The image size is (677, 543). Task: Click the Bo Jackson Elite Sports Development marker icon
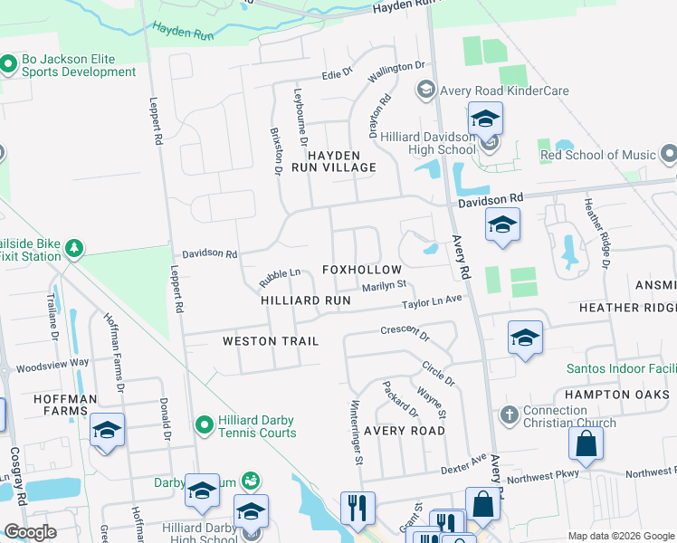9,64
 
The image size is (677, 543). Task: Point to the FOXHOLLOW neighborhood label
361,271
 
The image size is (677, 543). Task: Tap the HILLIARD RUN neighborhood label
305,300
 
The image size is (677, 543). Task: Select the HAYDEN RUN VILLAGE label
333,161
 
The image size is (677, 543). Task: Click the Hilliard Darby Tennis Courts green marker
205,424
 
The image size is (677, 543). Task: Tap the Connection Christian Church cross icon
510,414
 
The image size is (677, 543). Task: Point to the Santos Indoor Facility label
621,368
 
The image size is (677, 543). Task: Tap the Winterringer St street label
356,431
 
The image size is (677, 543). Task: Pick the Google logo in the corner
31,532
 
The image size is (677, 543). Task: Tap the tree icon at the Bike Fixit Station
74,247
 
